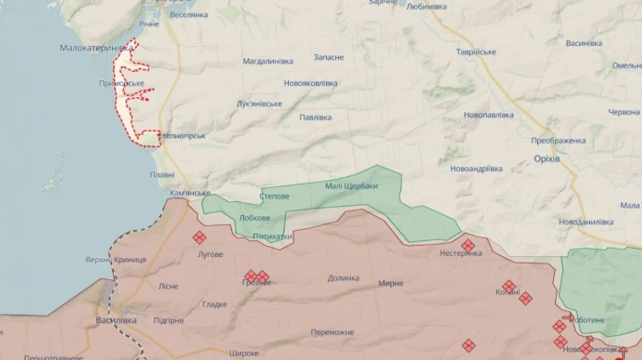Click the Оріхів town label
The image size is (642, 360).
point(546,158)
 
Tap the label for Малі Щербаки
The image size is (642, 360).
point(351,186)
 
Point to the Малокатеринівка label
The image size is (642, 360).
point(97,47)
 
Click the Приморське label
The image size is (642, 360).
point(121,83)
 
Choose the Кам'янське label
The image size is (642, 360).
point(190,193)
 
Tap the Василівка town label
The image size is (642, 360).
point(116,320)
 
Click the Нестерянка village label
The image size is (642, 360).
point(461,253)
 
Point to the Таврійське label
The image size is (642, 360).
point(476,52)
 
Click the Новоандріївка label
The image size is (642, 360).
point(476,169)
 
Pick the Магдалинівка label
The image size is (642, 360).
point(267,61)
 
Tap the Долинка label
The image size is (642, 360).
point(343,278)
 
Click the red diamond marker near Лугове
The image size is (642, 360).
point(200,238)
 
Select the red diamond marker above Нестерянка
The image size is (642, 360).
point(468,245)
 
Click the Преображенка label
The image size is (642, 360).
point(559,140)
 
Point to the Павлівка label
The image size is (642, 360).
point(315,117)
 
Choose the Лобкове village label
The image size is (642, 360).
point(255,218)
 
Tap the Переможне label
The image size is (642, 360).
point(332,332)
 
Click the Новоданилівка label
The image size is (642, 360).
point(586,222)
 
